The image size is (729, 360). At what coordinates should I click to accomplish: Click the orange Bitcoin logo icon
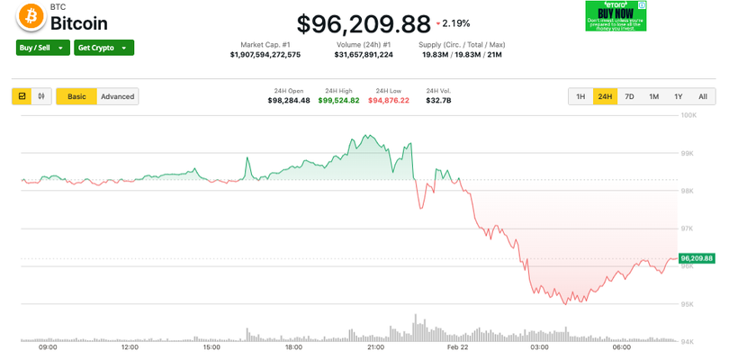31,16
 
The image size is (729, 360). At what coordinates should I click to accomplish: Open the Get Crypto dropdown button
103,48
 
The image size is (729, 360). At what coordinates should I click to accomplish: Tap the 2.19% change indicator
452,22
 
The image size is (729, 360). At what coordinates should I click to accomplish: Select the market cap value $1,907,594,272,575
265,55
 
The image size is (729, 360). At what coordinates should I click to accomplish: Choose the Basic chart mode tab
76,96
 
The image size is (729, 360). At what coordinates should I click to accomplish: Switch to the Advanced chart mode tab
117,96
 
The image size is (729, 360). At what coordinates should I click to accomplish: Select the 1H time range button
580,96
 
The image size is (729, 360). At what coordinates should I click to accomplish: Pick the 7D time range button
629,96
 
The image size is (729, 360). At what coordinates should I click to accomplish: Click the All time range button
702,96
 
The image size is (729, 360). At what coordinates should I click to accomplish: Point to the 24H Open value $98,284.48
289,100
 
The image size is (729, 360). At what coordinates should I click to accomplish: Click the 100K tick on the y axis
688,115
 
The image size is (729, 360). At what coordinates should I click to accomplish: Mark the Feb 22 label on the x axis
458,346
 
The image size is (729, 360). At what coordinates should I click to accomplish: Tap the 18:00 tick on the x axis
293,346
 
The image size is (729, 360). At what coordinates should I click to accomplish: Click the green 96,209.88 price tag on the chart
697,258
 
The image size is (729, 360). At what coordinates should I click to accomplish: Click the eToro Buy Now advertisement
616,16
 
